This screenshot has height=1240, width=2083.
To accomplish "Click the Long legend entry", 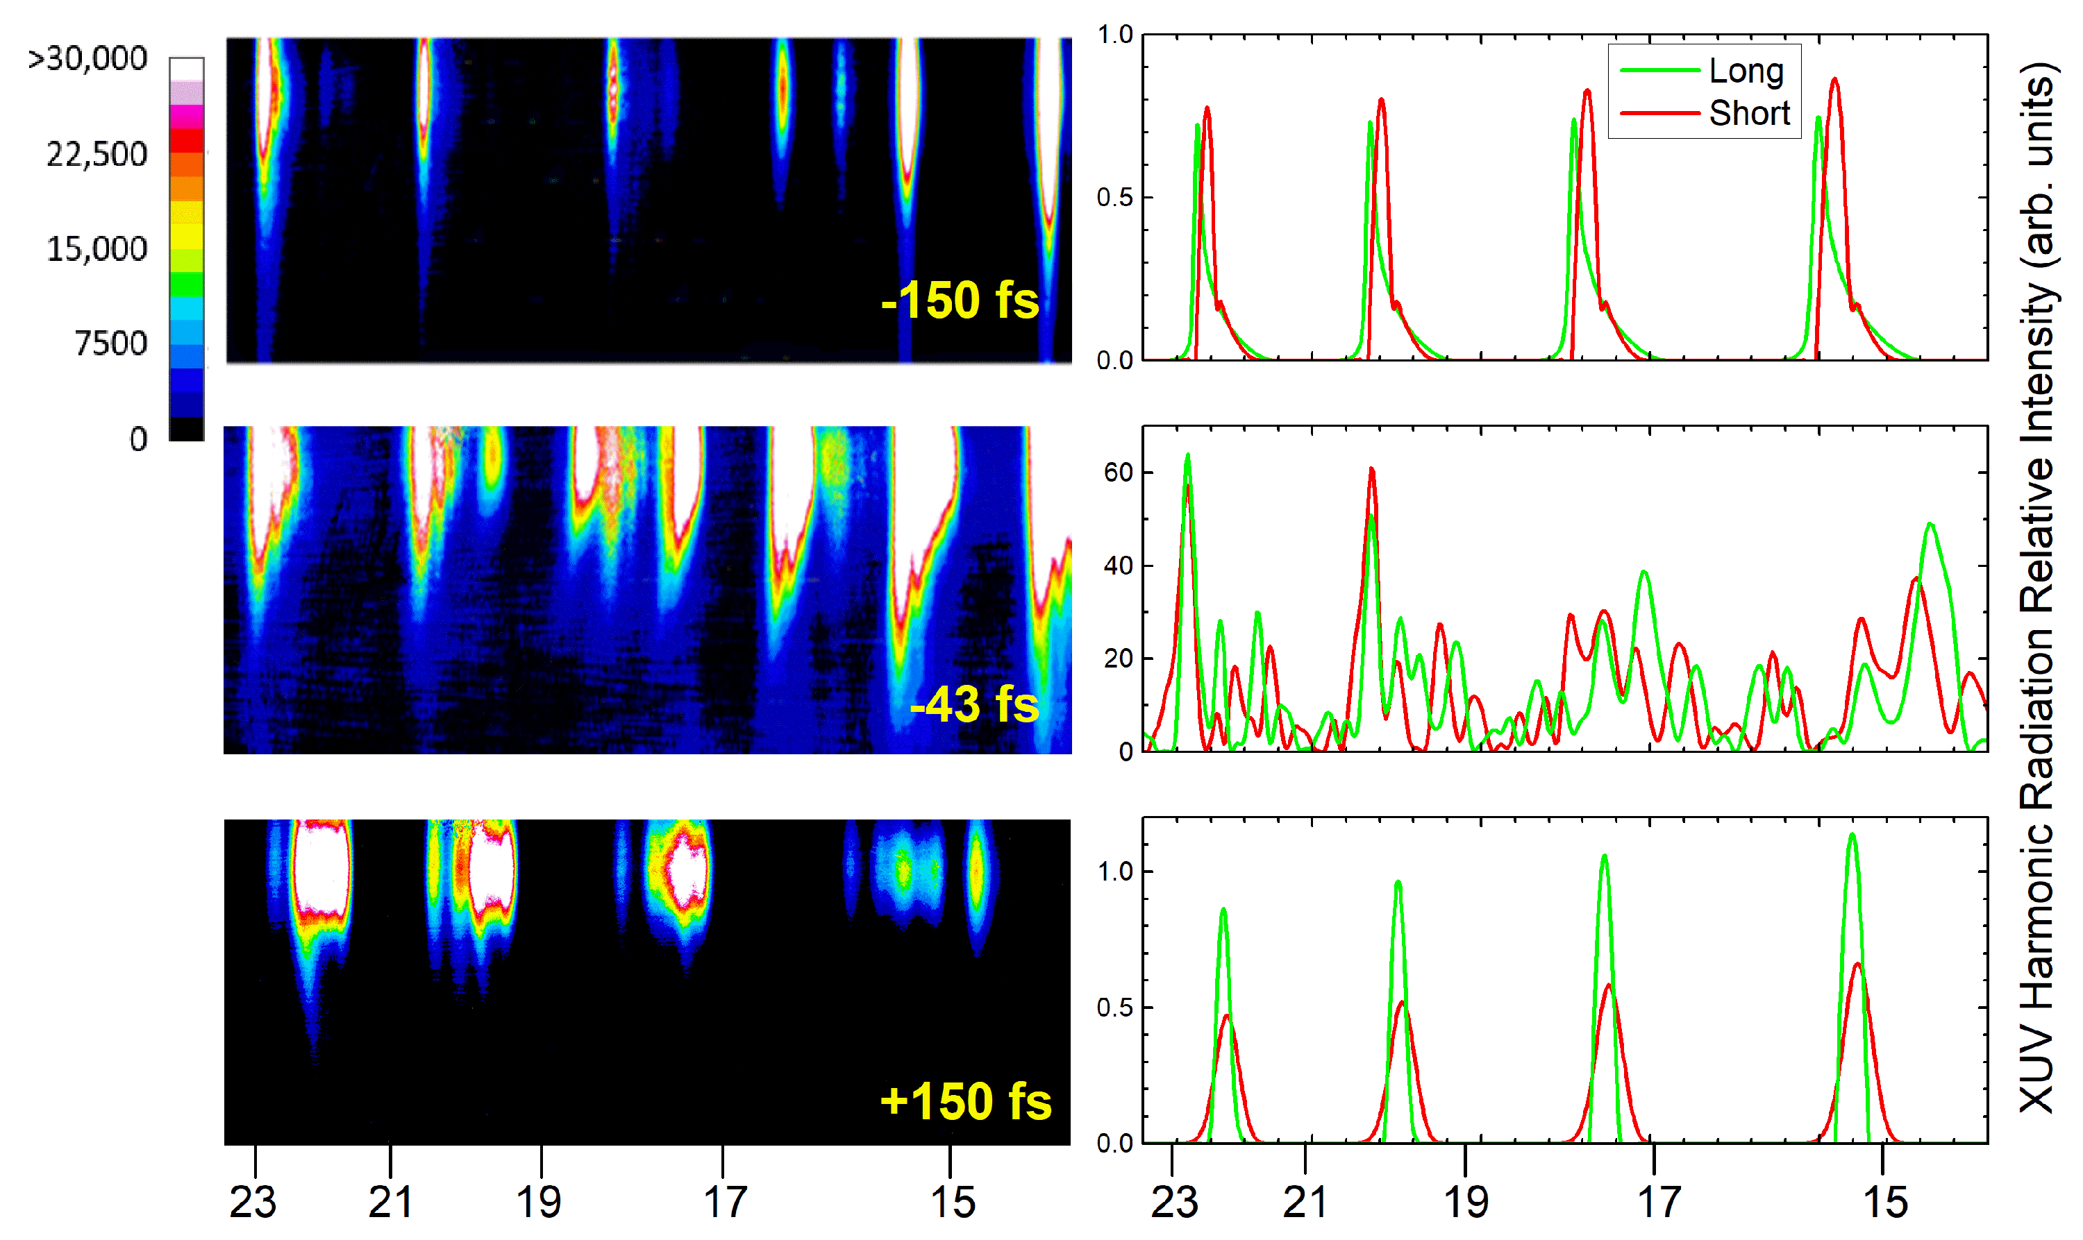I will click(1746, 71).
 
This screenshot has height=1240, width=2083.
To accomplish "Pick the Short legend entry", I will click(1748, 113).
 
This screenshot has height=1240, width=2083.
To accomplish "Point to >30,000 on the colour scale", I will click(87, 58).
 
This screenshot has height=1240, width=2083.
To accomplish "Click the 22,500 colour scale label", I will click(96, 155).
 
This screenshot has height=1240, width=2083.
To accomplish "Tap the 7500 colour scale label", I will click(110, 343).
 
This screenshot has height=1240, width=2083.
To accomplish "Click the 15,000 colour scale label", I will click(96, 249).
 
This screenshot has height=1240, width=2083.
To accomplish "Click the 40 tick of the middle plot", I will click(1118, 566).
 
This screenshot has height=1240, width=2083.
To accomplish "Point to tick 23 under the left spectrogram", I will click(253, 1202).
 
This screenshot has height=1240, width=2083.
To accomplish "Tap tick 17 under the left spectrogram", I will click(724, 1202).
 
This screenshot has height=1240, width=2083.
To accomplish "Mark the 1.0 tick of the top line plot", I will click(1114, 35).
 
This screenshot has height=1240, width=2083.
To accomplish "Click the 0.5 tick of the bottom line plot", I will click(1114, 1008).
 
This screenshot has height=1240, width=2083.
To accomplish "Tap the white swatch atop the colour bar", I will click(186, 69).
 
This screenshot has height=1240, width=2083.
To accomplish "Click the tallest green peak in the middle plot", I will click(1188, 456).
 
